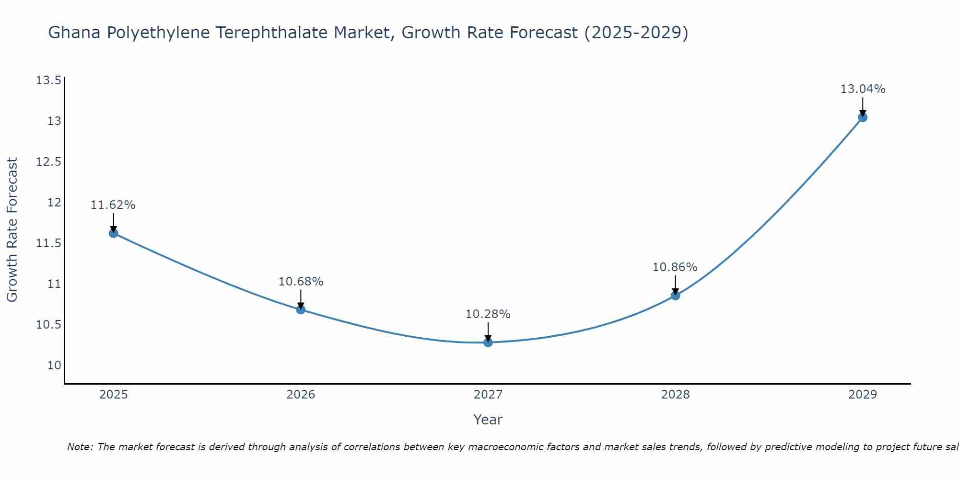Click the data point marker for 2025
[114, 233]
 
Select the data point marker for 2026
[301, 309]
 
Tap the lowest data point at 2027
[488, 342]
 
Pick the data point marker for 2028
[675, 295]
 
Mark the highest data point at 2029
[863, 117]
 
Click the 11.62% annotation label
[113, 205]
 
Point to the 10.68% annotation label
[301, 282]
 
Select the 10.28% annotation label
[488, 314]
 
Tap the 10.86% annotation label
[675, 267]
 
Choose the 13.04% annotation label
[863, 89]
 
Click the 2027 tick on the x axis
[488, 395]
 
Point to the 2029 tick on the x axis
[863, 395]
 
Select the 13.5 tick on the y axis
[49, 80]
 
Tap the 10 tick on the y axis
[55, 365]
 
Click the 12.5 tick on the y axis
[49, 162]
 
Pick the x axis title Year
[488, 420]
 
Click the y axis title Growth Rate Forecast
[12, 230]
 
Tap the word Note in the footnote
[80, 447]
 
